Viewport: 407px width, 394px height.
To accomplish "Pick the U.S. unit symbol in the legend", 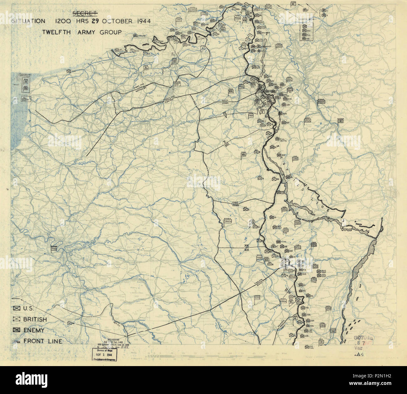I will click(16, 309).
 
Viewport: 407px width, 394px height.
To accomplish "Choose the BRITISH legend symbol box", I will click(16, 319).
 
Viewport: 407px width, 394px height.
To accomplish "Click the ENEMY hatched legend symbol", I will click(16, 330).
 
